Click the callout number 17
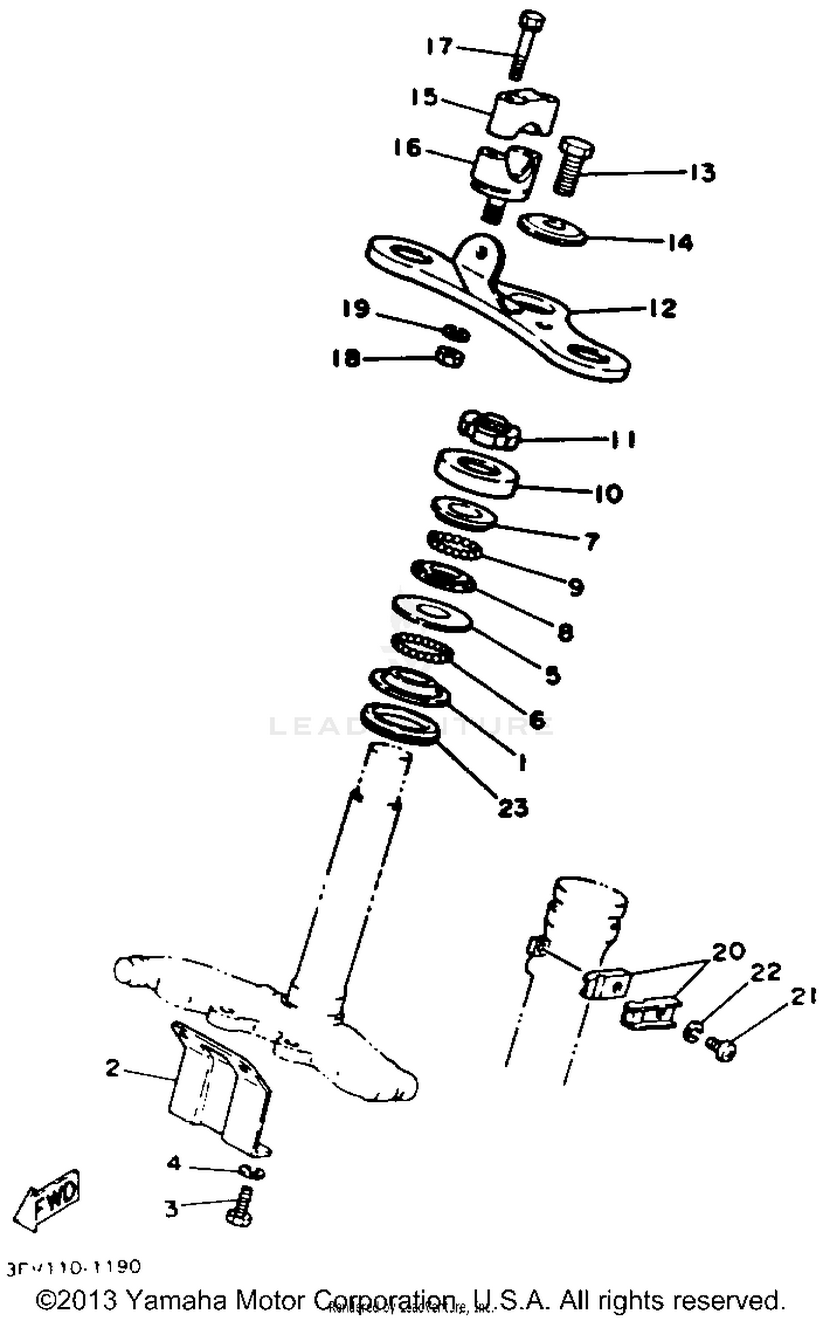click(439, 46)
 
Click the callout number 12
click(662, 307)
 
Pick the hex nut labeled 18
click(449, 358)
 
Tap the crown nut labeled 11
click(489, 432)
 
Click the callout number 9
click(575, 587)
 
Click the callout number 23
click(512, 807)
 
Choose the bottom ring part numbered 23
click(401, 723)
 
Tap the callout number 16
click(407, 148)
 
